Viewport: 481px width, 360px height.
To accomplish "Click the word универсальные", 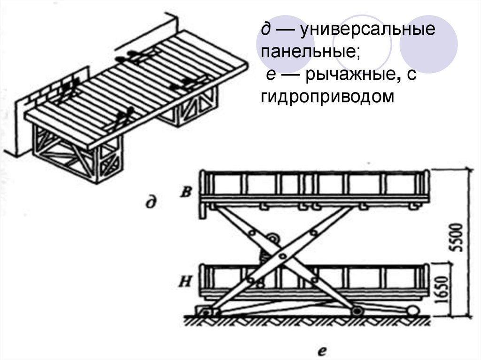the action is (x=369, y=31).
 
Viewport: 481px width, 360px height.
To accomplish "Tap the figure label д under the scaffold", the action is (x=150, y=203).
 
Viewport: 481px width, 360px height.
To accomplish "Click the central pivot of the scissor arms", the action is (x=282, y=256).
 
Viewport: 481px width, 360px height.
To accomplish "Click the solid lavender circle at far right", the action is (x=428, y=43).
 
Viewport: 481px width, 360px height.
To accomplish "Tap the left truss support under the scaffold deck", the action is (x=78, y=155).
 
